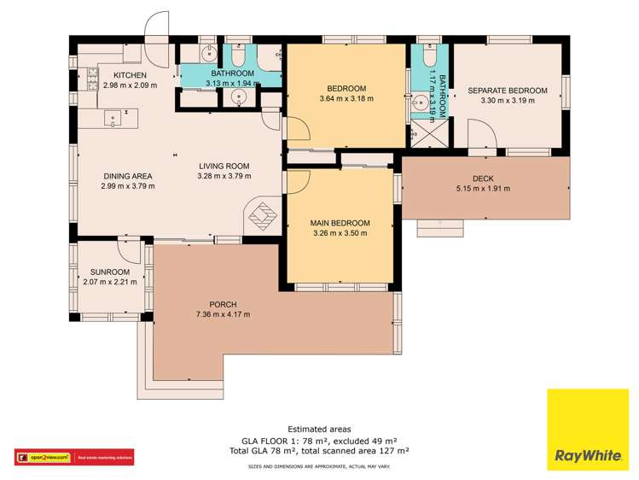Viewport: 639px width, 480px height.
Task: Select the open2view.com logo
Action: click(x=43, y=457)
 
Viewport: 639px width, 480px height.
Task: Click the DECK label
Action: click(x=483, y=178)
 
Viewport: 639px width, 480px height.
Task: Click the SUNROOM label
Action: click(x=108, y=273)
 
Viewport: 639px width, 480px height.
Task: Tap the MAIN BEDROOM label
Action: click(x=340, y=223)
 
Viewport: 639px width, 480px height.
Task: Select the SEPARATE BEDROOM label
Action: click(x=508, y=90)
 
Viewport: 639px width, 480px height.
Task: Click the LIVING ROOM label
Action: click(x=224, y=167)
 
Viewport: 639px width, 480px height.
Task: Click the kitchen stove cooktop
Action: click(x=90, y=79)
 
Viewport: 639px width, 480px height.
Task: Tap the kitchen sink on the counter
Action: click(x=110, y=117)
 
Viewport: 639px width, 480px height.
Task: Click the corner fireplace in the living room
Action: click(x=263, y=215)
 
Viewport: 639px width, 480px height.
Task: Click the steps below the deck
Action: click(x=440, y=227)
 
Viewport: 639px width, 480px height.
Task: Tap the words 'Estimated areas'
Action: click(x=319, y=429)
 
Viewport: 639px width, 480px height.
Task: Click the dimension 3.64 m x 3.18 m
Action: click(x=346, y=99)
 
